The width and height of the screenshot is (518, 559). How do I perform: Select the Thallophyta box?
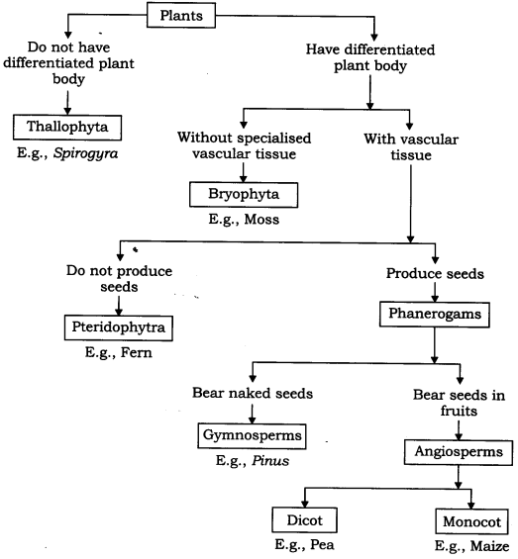pos(67,127)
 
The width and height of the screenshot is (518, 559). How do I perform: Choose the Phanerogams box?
pos(434,314)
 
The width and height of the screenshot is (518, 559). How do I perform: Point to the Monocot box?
pos(470,521)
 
